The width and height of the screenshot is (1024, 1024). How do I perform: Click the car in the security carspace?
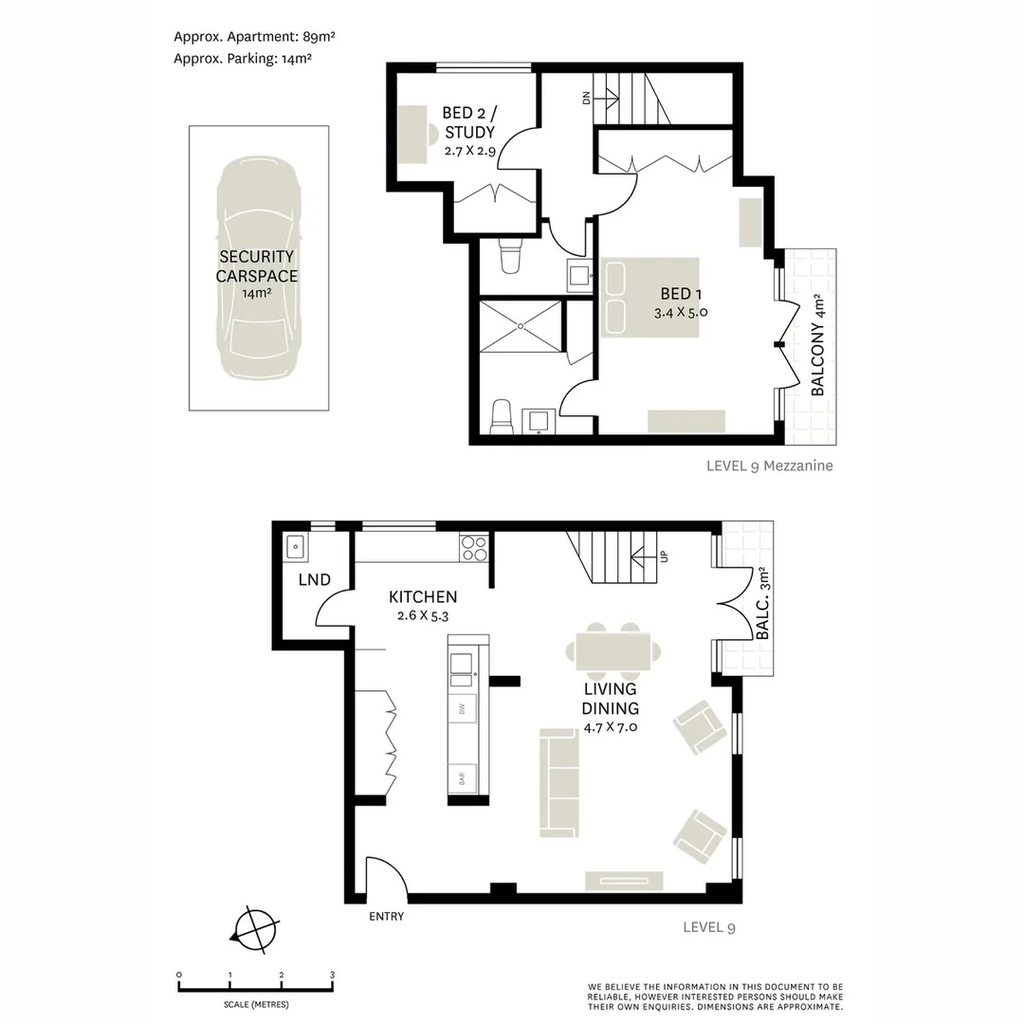[258, 267]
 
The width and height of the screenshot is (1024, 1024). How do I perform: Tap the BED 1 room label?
[681, 294]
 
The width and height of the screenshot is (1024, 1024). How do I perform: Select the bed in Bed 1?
[649, 297]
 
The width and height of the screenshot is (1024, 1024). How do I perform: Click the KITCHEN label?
[423, 596]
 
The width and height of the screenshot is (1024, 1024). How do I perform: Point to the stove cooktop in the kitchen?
[474, 548]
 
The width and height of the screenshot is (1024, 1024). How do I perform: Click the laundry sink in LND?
[296, 547]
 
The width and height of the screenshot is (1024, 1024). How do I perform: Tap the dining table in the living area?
[613, 651]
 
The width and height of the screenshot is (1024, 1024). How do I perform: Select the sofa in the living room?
[559, 783]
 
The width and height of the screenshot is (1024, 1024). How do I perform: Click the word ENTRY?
[387, 916]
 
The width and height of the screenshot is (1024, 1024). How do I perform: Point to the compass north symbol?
[255, 930]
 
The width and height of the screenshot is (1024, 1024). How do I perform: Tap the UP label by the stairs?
[664, 558]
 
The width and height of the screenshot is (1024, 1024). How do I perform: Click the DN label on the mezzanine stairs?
[586, 98]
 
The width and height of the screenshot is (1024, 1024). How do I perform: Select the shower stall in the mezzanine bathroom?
[521, 326]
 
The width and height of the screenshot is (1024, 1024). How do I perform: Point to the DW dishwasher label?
[462, 708]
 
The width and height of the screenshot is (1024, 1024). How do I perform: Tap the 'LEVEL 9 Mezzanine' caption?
[769, 466]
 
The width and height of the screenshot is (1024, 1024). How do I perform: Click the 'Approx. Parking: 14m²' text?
[243, 58]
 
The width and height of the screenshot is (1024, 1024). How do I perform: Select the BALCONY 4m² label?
[817, 344]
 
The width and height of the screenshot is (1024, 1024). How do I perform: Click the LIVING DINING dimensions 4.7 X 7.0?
[611, 727]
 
